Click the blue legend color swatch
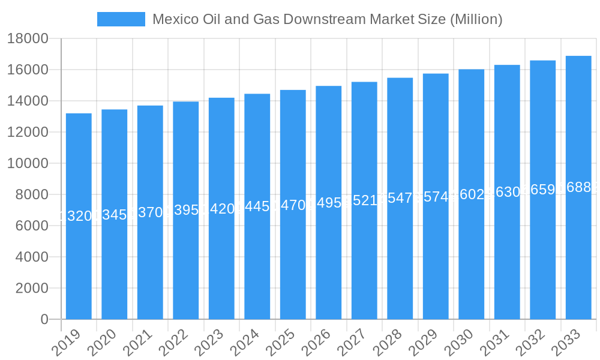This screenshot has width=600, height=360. (121, 19)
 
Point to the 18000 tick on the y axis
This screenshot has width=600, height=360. (27, 39)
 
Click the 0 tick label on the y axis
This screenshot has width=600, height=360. (44, 320)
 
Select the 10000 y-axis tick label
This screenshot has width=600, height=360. (27, 164)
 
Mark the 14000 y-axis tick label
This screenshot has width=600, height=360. (27, 101)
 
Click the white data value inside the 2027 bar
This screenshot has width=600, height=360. (364, 200)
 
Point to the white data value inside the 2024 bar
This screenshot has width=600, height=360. (257, 206)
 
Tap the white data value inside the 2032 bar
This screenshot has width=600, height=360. (542, 190)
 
